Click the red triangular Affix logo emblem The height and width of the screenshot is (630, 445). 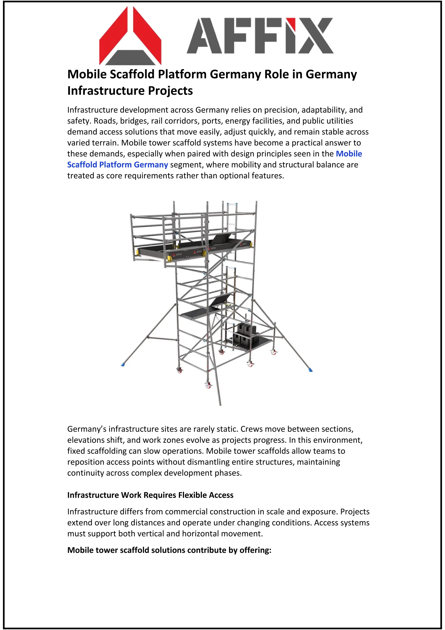(x=130, y=36)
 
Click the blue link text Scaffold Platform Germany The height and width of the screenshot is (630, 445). (x=118, y=165)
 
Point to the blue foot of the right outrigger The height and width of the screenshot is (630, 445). (x=311, y=370)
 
